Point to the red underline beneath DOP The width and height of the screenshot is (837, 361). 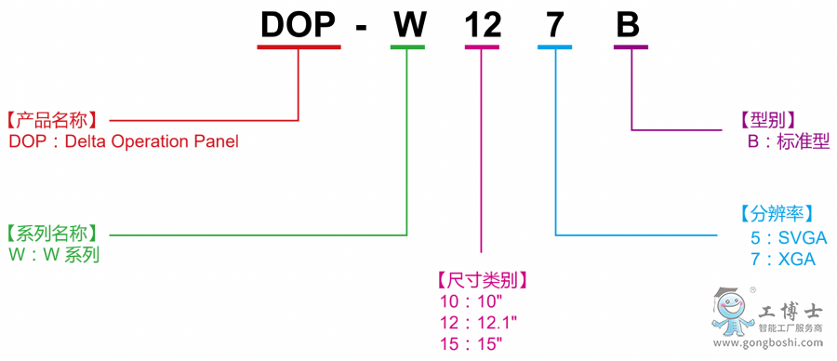[299, 47]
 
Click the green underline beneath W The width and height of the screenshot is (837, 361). [407, 47]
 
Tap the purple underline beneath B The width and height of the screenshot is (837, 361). [630, 47]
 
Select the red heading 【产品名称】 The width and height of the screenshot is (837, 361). [56, 121]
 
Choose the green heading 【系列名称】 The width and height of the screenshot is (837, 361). [56, 234]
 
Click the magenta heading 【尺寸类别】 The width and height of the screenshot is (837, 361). [481, 279]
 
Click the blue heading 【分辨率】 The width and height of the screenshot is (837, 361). [777, 213]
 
